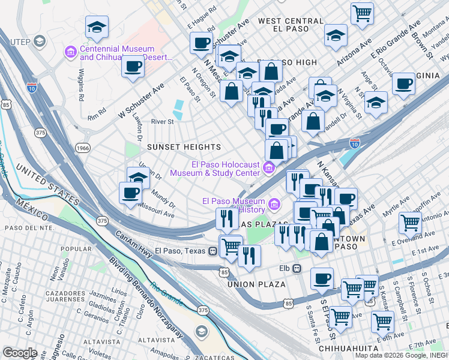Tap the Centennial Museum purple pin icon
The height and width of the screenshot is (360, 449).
71,52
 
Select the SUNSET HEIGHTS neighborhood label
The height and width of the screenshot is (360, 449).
185,147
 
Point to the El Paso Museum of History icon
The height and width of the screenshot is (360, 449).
274,205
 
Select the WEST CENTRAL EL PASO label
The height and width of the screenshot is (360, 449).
291,25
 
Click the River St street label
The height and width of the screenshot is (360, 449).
162,121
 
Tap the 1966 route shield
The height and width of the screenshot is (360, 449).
83,148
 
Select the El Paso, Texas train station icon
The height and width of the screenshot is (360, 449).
212,251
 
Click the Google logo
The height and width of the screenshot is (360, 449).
20,353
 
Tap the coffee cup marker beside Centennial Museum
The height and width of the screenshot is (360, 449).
133,65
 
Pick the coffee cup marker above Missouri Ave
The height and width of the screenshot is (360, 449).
130,192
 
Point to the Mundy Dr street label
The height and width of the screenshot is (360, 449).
163,198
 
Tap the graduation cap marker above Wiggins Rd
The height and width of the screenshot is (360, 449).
97,27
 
